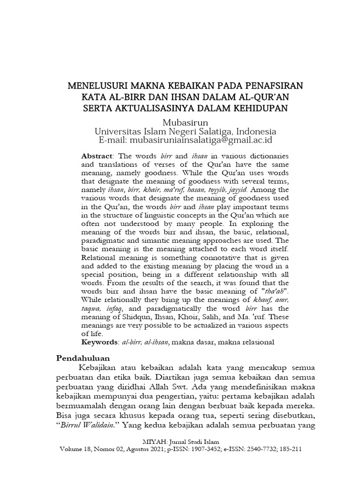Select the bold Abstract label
click(97, 155)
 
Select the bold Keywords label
click(98, 343)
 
